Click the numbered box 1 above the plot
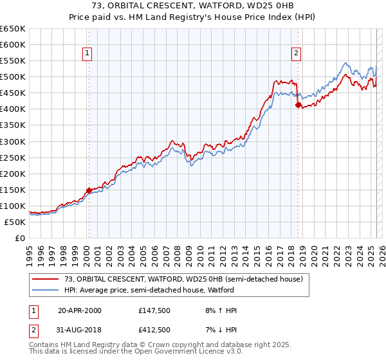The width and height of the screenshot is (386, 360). [87, 54]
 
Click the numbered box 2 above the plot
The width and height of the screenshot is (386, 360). [296, 54]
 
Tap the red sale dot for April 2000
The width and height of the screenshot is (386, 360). [89, 190]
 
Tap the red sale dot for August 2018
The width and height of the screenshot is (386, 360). [298, 105]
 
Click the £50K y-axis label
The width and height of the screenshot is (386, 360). [15, 222]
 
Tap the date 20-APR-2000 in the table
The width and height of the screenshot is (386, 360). [79, 310]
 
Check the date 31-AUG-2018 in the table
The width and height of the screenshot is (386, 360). [79, 330]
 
